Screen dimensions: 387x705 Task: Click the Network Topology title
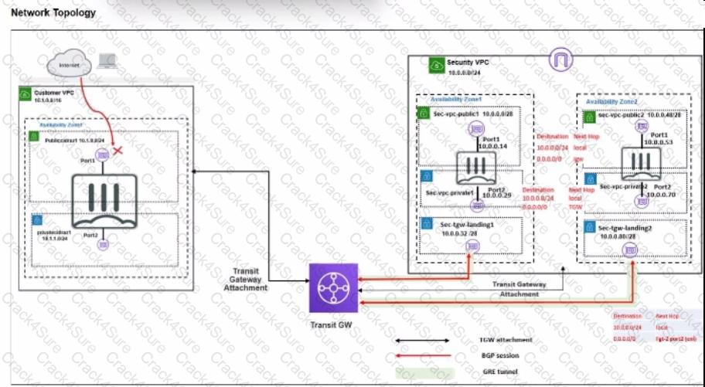tap(54, 12)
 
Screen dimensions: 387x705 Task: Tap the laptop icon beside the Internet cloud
tap(107, 62)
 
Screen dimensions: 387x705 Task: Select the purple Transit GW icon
tap(333, 290)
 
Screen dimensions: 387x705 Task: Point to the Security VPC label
tap(468, 62)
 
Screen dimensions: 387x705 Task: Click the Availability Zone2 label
tap(611, 101)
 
